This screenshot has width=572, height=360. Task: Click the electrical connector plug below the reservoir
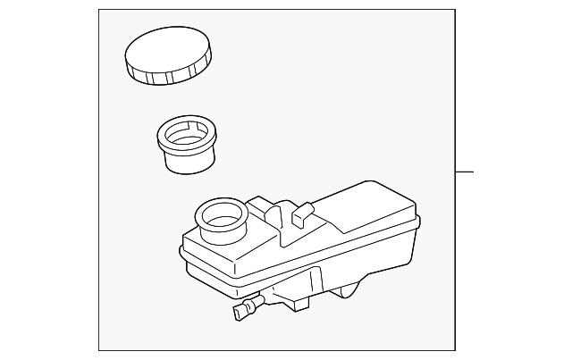click(x=241, y=311)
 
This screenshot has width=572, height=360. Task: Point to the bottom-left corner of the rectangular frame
click(x=99, y=350)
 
